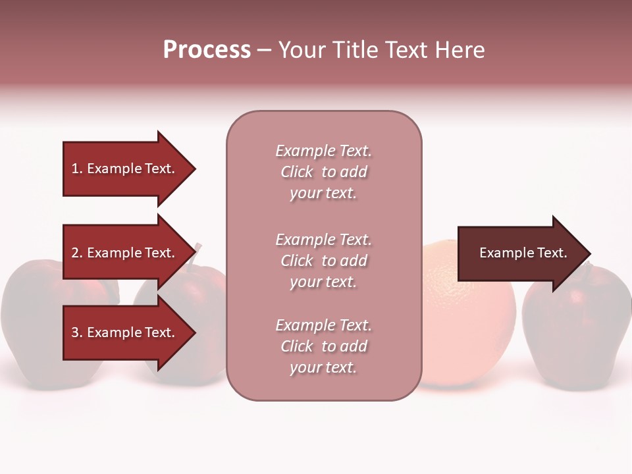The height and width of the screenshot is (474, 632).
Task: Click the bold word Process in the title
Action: click(207, 50)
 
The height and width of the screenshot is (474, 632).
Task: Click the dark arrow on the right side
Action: click(520, 253)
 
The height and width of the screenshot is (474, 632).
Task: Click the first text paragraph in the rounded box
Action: click(323, 172)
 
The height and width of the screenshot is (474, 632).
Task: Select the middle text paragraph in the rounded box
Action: click(323, 261)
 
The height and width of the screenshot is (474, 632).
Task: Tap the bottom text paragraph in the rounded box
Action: click(323, 346)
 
